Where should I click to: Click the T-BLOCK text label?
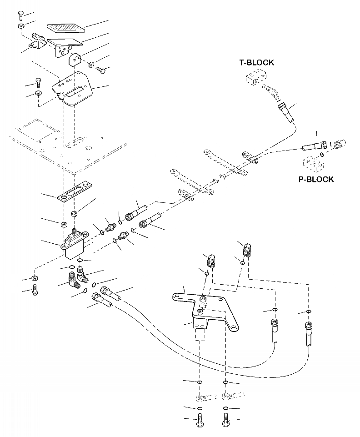coord(257,62)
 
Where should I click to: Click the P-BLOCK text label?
coord(316,179)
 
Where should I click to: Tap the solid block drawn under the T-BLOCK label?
coord(255,79)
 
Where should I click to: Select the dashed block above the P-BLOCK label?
coord(312,164)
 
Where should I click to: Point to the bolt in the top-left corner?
coord(21,15)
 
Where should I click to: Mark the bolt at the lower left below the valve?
coord(35,291)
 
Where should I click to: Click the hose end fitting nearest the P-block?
coord(313,145)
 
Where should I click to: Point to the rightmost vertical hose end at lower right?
coord(309,332)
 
